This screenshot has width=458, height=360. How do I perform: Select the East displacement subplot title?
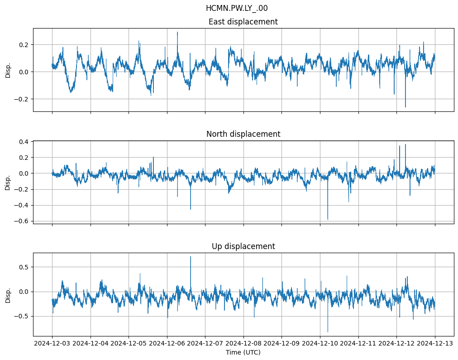pos(243,22)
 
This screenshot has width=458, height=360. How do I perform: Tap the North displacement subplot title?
pos(243,134)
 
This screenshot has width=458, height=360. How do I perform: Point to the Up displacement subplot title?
pos(243,246)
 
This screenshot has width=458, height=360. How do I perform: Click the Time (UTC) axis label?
pos(243,352)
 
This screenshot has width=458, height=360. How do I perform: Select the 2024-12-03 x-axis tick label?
pos(52,343)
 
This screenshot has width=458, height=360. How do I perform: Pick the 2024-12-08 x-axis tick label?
pos(243,343)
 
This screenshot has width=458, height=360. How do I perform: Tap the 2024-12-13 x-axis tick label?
pos(435,343)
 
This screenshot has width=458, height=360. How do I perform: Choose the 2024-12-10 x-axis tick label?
pos(320,343)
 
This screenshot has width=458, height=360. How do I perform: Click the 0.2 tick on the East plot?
pos(23,45)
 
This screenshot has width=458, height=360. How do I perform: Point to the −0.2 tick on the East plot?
pos(21,99)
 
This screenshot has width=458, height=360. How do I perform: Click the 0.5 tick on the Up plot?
pos(23,267)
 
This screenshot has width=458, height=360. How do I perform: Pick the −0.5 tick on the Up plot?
pos(21,316)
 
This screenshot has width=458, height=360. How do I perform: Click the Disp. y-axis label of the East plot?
pos(8,70)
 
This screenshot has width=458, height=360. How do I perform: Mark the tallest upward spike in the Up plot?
pos(191,257)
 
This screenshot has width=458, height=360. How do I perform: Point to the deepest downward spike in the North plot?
pos(328,220)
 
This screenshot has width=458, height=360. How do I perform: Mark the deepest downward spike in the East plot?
pos(405,107)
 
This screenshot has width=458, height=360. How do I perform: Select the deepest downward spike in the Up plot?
pos(328,332)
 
